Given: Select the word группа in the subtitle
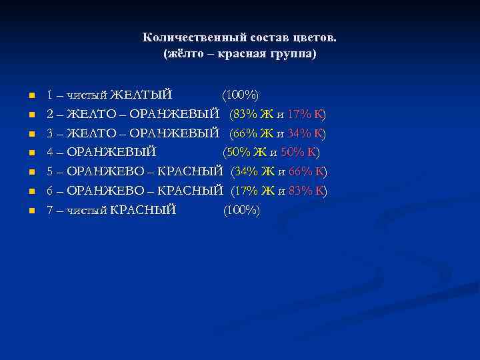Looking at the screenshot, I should (x=295, y=53).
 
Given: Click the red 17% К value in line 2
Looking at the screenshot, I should (x=305, y=113).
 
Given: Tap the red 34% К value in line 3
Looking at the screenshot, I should (x=305, y=133).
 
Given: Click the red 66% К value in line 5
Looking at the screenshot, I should (x=307, y=172).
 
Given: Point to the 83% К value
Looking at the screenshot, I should (x=307, y=191).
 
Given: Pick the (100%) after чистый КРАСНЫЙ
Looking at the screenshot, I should (x=241, y=211).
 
